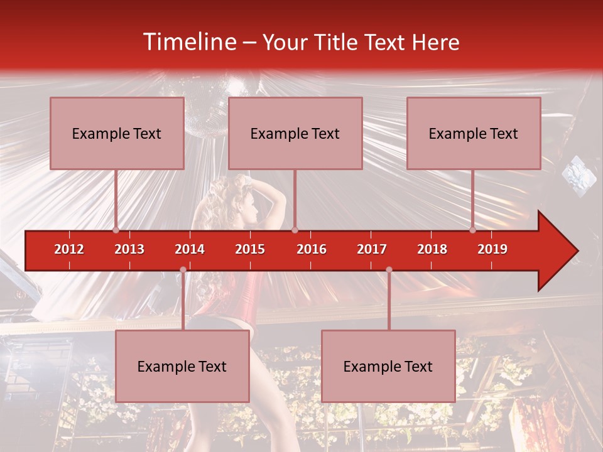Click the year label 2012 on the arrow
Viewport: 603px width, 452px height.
point(69,249)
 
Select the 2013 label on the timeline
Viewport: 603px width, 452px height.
point(129,249)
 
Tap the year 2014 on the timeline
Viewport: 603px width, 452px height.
point(190,249)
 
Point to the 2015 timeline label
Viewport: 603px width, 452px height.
point(250,249)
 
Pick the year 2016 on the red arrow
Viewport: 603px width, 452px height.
point(312,249)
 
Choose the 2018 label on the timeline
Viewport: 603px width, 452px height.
point(432,249)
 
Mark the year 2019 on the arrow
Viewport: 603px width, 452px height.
point(492,249)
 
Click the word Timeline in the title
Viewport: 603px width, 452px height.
point(188,42)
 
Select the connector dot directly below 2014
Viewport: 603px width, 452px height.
point(183,269)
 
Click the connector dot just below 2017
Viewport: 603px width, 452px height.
point(389,269)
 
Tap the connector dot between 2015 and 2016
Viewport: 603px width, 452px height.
point(295,230)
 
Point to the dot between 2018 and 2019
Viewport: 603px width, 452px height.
point(473,230)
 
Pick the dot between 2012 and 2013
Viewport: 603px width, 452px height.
point(116,230)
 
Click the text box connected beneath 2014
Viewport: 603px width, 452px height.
point(182,366)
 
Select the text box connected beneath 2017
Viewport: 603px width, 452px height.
point(388,366)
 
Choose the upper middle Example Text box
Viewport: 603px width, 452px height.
point(295,133)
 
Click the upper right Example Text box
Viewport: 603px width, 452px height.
point(474,133)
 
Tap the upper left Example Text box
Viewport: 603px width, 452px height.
point(117,133)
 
